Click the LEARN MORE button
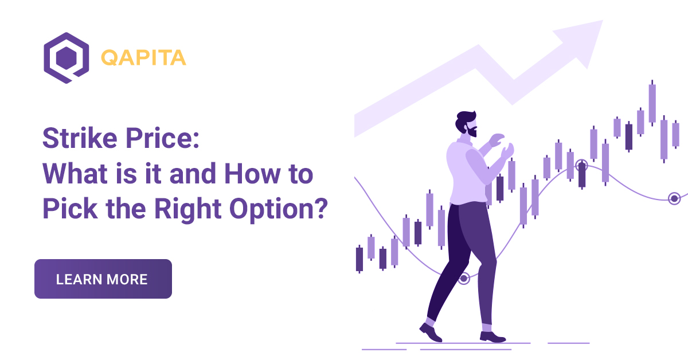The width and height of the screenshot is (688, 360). point(103,279)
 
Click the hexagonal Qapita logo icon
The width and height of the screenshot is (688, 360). point(66,58)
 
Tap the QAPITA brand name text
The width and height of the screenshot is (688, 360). point(143,58)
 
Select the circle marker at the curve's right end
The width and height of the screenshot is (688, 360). point(674,198)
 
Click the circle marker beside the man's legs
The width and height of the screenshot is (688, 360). point(464,279)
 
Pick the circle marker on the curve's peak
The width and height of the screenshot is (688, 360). point(582,166)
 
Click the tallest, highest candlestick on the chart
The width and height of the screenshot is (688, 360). point(652,103)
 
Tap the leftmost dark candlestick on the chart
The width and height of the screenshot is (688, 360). point(359,259)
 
